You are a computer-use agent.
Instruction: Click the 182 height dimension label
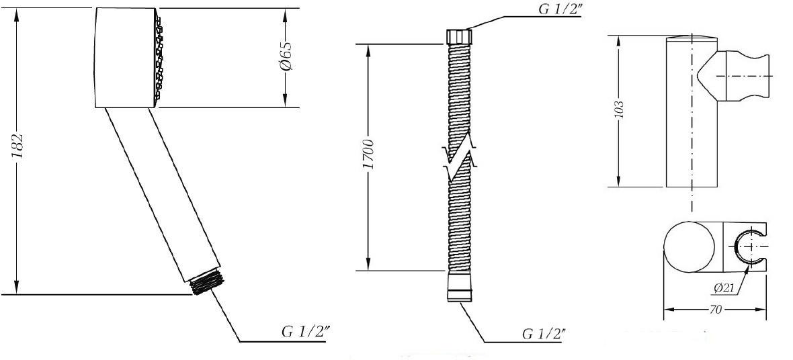(18, 146)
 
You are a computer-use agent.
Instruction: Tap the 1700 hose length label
(369, 155)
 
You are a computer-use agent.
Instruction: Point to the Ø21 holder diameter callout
(724, 287)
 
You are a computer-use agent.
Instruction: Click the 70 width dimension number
(715, 310)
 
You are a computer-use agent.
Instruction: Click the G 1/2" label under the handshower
(306, 332)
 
